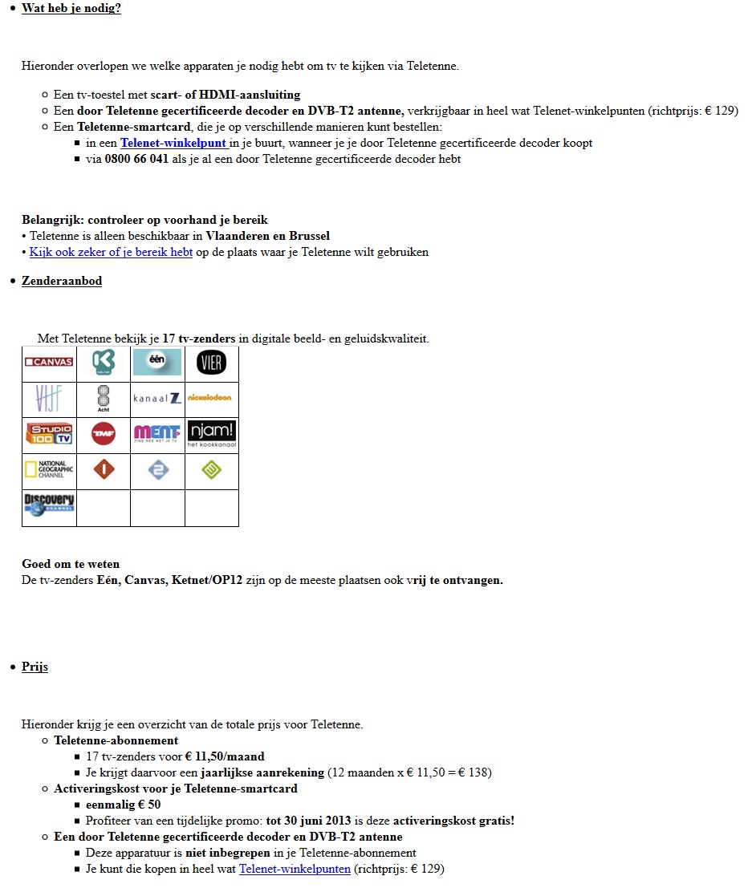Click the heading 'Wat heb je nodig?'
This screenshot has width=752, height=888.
click(71, 9)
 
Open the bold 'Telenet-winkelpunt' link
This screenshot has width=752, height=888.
click(173, 143)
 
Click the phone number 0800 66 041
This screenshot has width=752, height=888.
click(136, 159)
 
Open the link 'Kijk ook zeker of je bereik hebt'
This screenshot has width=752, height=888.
click(111, 252)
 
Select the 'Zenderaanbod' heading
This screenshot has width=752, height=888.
click(62, 281)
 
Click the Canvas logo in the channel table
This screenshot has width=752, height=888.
click(49, 362)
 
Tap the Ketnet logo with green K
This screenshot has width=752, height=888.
click(104, 363)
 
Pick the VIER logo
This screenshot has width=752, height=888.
click(212, 363)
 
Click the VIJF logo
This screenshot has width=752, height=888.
click(49, 398)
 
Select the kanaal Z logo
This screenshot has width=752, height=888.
click(157, 398)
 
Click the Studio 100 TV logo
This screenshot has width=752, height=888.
click(49, 434)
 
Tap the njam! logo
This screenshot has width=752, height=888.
click(212, 433)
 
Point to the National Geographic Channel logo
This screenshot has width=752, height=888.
click(49, 470)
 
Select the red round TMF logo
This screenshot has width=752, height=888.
click(104, 434)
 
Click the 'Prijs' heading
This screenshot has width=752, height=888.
click(35, 667)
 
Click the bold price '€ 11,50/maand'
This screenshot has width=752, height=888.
click(225, 756)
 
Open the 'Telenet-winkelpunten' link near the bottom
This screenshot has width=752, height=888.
click(295, 869)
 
